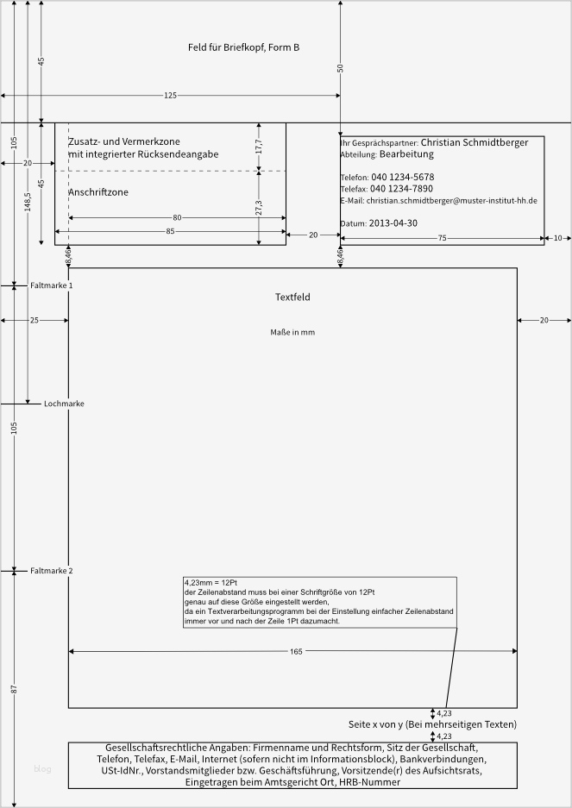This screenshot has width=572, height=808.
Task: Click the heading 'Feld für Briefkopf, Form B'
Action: [x=243, y=47]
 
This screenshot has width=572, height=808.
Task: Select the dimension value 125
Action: [x=170, y=96]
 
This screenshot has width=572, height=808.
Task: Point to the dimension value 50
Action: [x=340, y=67]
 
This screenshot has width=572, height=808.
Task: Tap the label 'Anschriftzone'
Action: [x=98, y=192]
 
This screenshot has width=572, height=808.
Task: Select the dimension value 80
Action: [x=177, y=218]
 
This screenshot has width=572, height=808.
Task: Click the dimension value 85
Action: [x=170, y=231]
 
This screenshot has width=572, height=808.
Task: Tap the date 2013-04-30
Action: [x=393, y=222]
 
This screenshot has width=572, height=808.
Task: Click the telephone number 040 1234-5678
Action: [x=402, y=177]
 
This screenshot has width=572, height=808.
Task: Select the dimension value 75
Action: [x=442, y=237]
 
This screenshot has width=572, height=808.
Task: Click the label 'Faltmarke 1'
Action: [x=52, y=285]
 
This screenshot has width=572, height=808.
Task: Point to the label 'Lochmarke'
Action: [x=64, y=404]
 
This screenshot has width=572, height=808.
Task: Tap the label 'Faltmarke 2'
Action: [x=52, y=571]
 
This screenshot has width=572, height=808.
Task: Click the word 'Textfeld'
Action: [x=292, y=298]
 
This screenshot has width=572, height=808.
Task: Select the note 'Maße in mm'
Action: [x=292, y=332]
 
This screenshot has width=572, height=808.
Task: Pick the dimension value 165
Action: [x=296, y=652]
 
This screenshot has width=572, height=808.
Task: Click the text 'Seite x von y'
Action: [x=375, y=724]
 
